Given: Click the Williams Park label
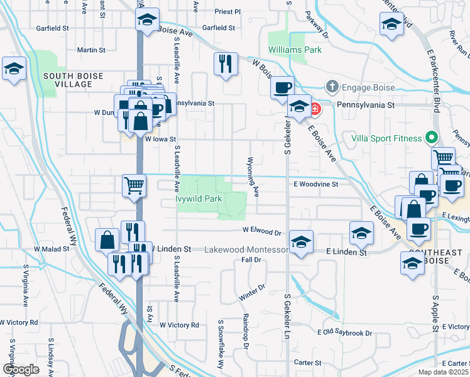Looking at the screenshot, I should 295,49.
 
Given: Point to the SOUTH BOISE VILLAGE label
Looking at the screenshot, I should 68,80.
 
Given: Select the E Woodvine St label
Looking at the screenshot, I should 315,184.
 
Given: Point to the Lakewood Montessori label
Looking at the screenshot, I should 247,249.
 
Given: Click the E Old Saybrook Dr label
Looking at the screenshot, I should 344,332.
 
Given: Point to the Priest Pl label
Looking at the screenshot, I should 227,11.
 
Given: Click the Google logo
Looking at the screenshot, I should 21,369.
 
